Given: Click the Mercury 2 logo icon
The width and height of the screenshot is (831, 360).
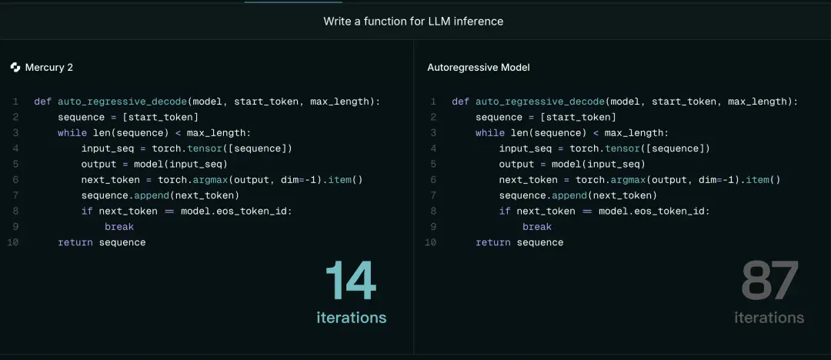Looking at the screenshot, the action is click(x=15, y=68).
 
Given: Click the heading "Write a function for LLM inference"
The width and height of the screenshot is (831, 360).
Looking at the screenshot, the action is click(x=413, y=22).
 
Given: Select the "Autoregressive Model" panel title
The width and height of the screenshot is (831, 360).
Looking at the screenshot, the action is click(x=479, y=68).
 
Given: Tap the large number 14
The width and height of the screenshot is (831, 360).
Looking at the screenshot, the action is click(x=351, y=281).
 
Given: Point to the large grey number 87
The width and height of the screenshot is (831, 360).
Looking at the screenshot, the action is click(x=769, y=281).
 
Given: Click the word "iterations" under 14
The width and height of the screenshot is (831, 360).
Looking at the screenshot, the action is click(x=352, y=318).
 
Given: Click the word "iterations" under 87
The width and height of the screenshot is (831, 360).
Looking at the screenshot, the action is click(x=769, y=318).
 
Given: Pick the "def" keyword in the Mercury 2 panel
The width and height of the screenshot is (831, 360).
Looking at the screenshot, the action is click(x=43, y=102).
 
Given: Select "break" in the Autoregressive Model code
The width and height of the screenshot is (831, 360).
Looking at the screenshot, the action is click(x=537, y=227).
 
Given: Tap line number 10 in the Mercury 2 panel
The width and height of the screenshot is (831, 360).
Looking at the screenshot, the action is click(x=13, y=242).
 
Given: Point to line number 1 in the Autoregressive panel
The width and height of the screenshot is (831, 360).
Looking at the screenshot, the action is click(x=433, y=102).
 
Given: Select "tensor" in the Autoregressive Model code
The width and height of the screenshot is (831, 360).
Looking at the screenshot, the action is click(x=622, y=148).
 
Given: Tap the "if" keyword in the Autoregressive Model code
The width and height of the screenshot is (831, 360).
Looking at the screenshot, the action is click(x=505, y=211).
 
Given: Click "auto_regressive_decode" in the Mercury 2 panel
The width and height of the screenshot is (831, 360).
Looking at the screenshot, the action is click(x=122, y=102).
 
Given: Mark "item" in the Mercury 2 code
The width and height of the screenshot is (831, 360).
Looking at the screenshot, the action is click(x=340, y=180).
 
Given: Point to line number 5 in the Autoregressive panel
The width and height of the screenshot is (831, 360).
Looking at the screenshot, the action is click(x=433, y=165).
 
